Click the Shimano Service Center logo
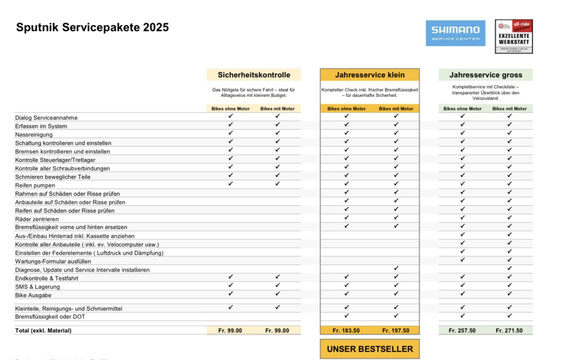455,33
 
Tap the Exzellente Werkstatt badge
514,36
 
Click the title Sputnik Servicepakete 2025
92,27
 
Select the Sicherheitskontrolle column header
254,75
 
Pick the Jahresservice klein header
370,75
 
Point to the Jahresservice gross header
486,75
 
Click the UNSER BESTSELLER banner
370,349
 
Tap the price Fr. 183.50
346,331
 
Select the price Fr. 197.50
396,331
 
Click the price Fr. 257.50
462,331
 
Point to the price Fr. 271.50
509,331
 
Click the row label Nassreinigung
34,135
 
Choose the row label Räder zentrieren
37,219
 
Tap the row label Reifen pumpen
35,185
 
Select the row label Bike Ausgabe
33,295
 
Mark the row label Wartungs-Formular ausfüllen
53,262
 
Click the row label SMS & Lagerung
38,287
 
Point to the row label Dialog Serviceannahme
46,118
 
